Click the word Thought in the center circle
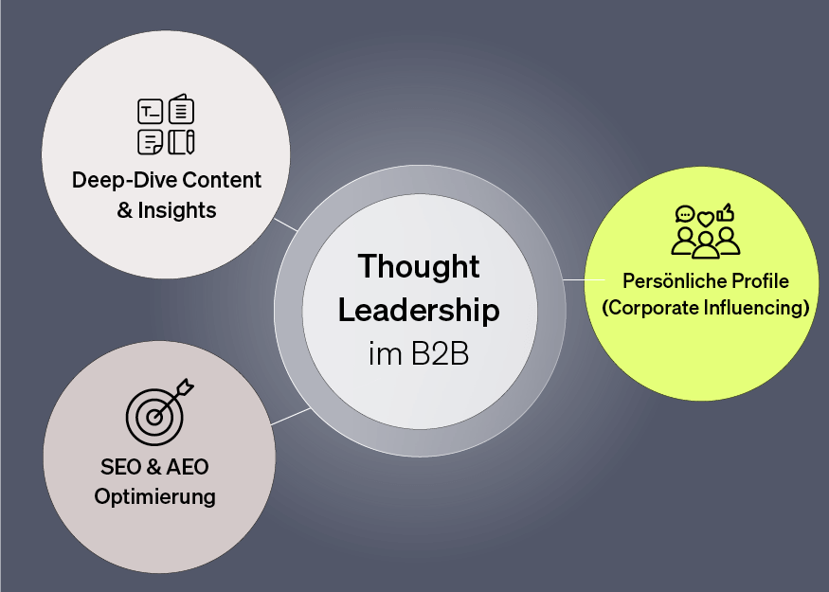click(x=419, y=268)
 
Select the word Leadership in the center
click(x=419, y=310)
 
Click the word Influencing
click(x=753, y=308)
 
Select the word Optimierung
click(x=154, y=496)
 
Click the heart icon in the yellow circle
click(x=705, y=219)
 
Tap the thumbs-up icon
click(x=727, y=212)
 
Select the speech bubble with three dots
click(x=684, y=214)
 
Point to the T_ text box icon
click(x=150, y=113)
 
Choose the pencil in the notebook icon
click(x=189, y=142)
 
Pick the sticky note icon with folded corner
click(x=150, y=142)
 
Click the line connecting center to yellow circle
click(x=574, y=280)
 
